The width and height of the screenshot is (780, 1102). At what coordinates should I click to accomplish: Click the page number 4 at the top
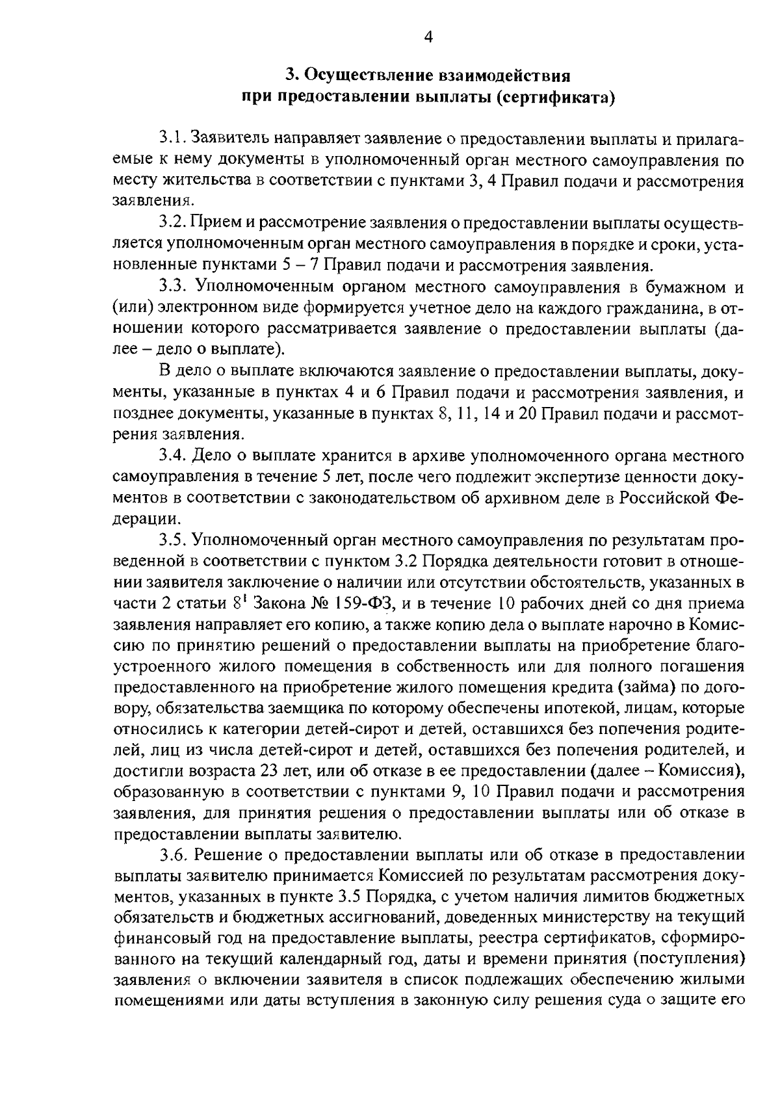[x=428, y=38]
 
